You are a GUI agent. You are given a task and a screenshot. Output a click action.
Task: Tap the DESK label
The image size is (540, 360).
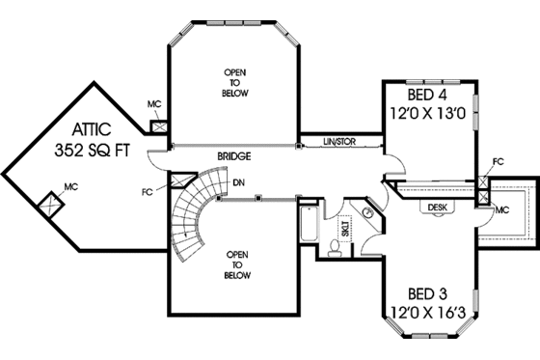[435, 206]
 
